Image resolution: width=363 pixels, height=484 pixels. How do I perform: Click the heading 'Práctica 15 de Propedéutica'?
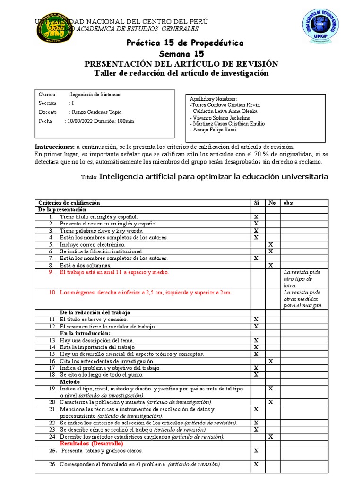pos(184,43)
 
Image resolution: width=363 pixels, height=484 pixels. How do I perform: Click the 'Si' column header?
pos(257,203)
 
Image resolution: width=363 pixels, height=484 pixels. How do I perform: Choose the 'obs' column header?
pos(288,203)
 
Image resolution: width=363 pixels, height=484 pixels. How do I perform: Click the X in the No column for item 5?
pos(271,245)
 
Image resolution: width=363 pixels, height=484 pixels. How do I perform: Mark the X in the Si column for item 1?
pos(256,216)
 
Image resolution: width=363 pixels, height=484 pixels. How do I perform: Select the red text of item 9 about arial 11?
pos(114,273)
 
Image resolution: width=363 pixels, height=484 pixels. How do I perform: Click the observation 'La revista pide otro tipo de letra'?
pos(302,279)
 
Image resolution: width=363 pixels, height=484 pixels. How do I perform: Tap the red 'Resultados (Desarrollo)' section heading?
pos(91,444)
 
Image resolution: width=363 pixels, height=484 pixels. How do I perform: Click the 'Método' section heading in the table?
pos(70,381)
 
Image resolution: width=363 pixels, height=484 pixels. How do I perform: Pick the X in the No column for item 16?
pos(271,361)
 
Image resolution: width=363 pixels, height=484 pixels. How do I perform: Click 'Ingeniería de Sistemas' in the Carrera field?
pos(95,95)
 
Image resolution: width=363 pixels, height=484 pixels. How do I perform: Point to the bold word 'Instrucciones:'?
pos(54,147)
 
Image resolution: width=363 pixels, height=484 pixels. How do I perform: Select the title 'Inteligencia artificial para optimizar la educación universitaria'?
pos(214,177)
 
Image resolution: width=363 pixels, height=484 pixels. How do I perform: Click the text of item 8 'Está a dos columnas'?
pos(85,266)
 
